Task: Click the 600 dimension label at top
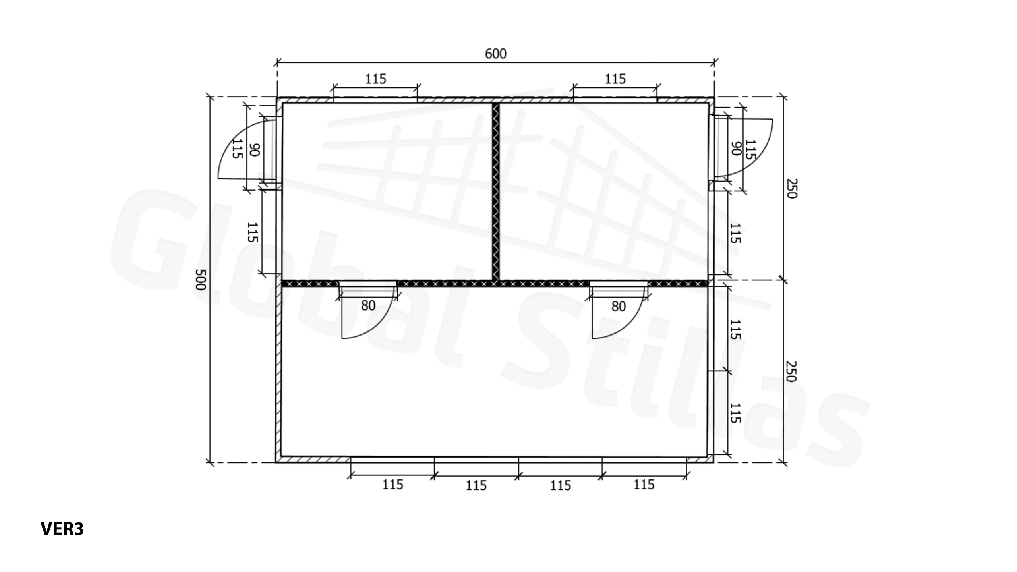pyautogui.click(x=495, y=54)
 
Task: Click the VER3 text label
pyautogui.click(x=62, y=529)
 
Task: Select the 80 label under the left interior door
pyautogui.click(x=368, y=305)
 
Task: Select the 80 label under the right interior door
pyautogui.click(x=618, y=306)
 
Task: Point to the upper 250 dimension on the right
pyautogui.click(x=791, y=188)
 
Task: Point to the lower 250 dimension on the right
pyautogui.click(x=791, y=371)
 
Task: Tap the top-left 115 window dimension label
pyautogui.click(x=375, y=79)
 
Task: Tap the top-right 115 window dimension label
pyautogui.click(x=615, y=79)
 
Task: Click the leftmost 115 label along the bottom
pyautogui.click(x=392, y=485)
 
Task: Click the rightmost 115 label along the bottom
pyautogui.click(x=644, y=485)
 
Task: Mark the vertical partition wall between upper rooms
pyautogui.click(x=495, y=191)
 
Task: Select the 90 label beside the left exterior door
pyautogui.click(x=254, y=150)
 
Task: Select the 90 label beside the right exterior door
pyautogui.click(x=736, y=149)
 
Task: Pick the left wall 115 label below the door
pyautogui.click(x=253, y=232)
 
